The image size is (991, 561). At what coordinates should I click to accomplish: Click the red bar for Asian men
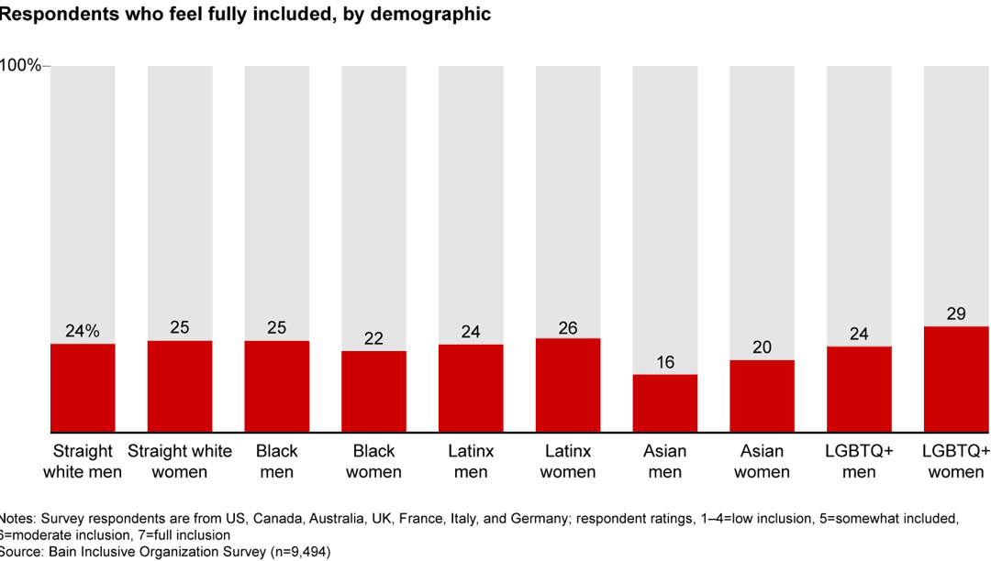tap(665, 403)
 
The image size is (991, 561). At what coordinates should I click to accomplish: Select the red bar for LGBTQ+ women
tap(956, 379)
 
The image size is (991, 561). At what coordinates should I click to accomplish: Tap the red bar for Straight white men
tap(83, 388)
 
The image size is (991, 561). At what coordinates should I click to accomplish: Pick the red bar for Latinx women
tap(568, 385)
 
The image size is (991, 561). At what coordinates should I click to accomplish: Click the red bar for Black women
tap(373, 391)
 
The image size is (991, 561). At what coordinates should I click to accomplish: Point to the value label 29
tap(956, 314)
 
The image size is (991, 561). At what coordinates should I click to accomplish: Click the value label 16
tap(665, 362)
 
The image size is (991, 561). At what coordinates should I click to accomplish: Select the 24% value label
tap(83, 332)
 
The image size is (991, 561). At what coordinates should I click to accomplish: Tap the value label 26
tap(568, 327)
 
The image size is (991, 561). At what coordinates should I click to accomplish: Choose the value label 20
tap(763, 347)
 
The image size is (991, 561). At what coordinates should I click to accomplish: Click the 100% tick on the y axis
tap(22, 66)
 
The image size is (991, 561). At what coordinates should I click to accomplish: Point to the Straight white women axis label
tap(180, 462)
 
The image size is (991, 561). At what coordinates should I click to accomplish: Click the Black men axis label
tap(277, 462)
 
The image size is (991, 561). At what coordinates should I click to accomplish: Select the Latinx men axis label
tap(471, 462)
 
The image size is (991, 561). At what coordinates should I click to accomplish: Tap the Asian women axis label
tap(763, 462)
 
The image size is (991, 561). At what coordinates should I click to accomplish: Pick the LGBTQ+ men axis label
tap(859, 462)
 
